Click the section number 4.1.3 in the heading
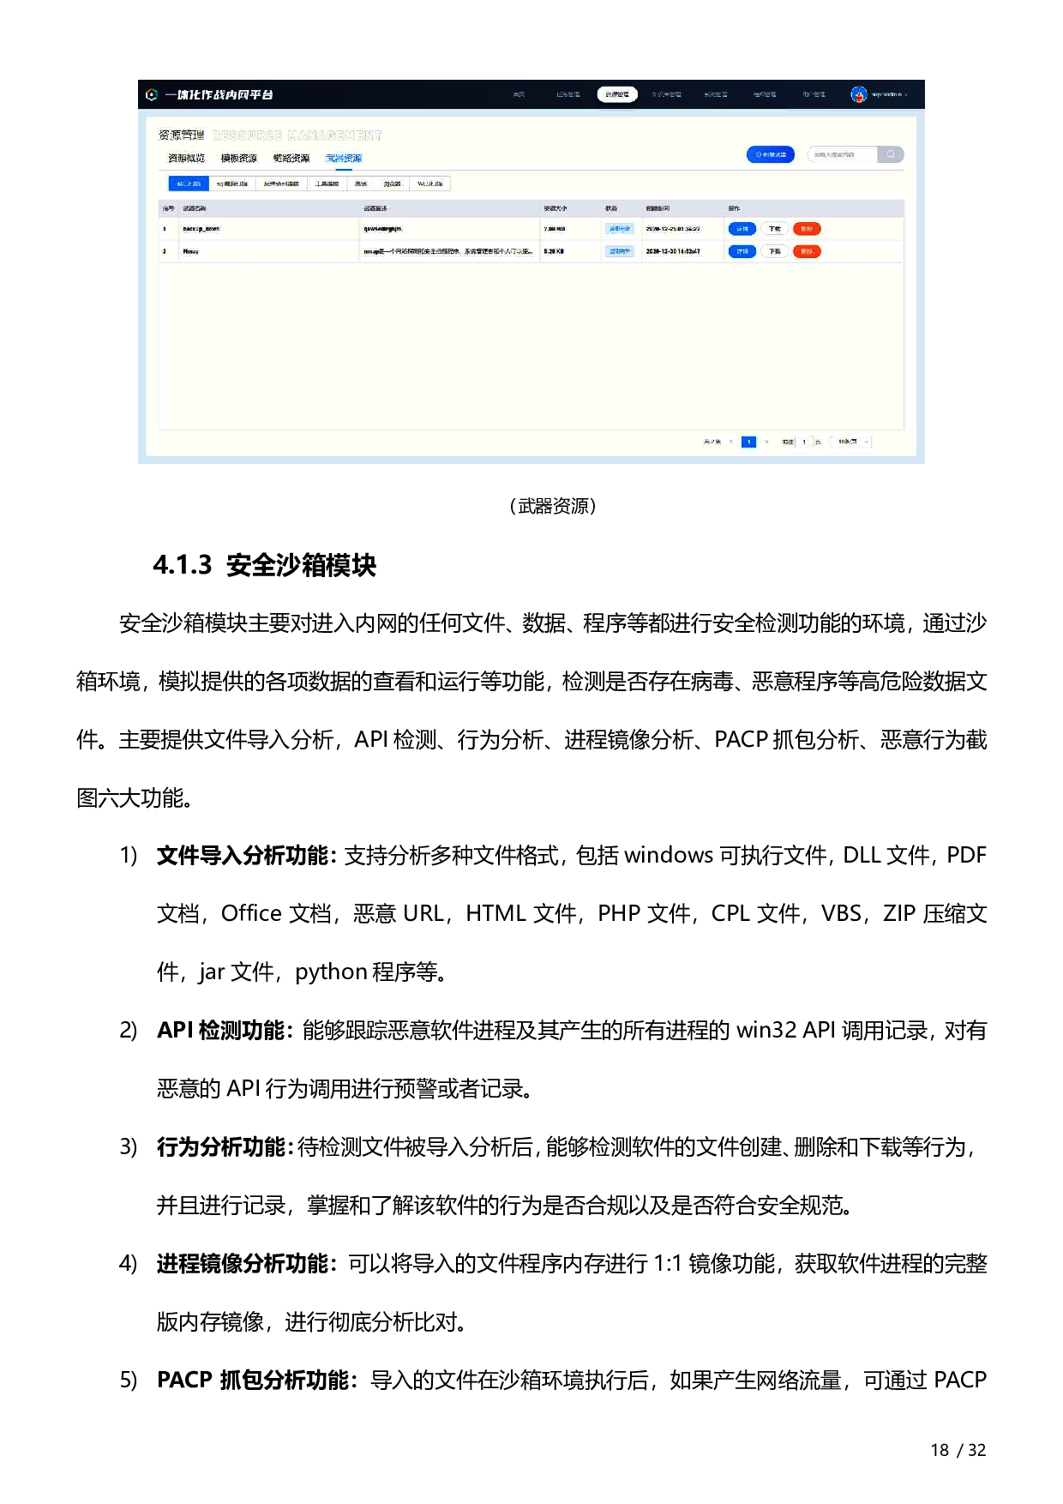pyautogui.click(x=182, y=565)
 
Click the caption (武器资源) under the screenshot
pyautogui.click(x=552, y=506)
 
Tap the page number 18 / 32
pyautogui.click(x=958, y=1450)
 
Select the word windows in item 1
pyautogui.click(x=668, y=856)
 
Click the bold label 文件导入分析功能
pyautogui.click(x=243, y=856)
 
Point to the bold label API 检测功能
pyautogui.click(x=220, y=1031)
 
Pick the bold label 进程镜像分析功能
pyautogui.click(x=243, y=1264)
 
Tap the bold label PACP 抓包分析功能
pyautogui.click(x=253, y=1381)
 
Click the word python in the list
pyautogui.click(x=331, y=972)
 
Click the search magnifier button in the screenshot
pyautogui.click(x=891, y=154)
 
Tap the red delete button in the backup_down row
pyautogui.click(x=807, y=229)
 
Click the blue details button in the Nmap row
pyautogui.click(x=742, y=251)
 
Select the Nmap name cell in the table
pyautogui.click(x=191, y=251)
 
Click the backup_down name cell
pyautogui.click(x=201, y=229)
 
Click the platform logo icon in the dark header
pyautogui.click(x=152, y=94)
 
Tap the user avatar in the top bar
pyautogui.click(x=858, y=94)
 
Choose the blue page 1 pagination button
pyautogui.click(x=748, y=442)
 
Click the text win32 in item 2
pyautogui.click(x=766, y=1031)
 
